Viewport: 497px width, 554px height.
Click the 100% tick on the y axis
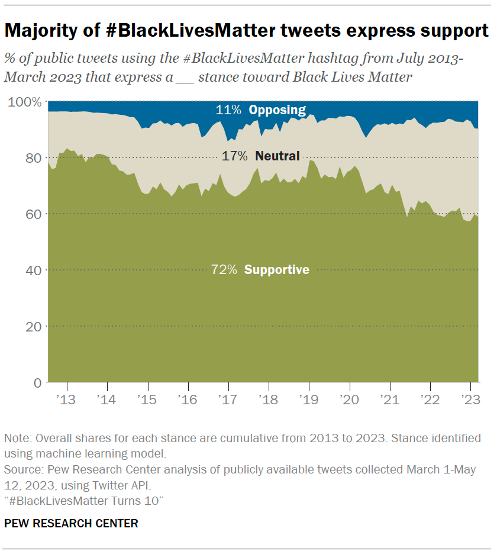pyautogui.click(x=24, y=102)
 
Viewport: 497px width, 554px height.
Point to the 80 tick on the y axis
pyautogui.click(x=33, y=158)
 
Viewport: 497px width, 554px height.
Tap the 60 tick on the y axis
pyautogui.click(x=33, y=214)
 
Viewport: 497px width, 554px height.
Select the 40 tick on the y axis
pyautogui.click(x=33, y=270)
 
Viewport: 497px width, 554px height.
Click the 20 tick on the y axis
pyautogui.click(x=33, y=326)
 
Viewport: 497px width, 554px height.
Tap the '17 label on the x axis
pyautogui.click(x=228, y=399)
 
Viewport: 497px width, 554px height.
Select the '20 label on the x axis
pyautogui.click(x=348, y=399)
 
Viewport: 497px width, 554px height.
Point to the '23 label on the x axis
pyautogui.click(x=470, y=399)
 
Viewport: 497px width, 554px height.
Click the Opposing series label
pyautogui.click(x=277, y=109)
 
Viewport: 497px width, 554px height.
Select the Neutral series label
pyautogui.click(x=277, y=156)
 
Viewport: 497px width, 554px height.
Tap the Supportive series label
pyautogui.click(x=276, y=270)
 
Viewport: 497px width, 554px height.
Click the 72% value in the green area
pyautogui.click(x=224, y=270)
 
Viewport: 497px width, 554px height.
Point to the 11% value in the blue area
pyautogui.click(x=228, y=109)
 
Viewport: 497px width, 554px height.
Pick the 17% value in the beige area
pyautogui.click(x=235, y=156)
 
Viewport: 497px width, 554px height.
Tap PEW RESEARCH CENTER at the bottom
pyautogui.click(x=71, y=523)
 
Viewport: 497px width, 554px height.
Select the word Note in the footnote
pyautogui.click(x=16, y=439)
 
